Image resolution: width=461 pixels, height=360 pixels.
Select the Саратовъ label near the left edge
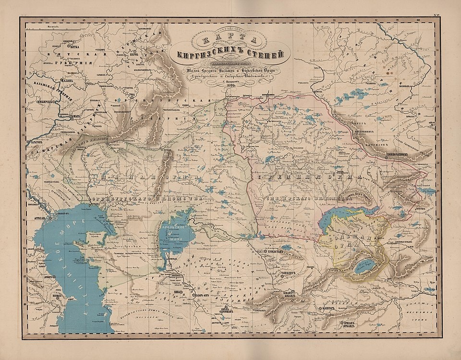39,143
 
